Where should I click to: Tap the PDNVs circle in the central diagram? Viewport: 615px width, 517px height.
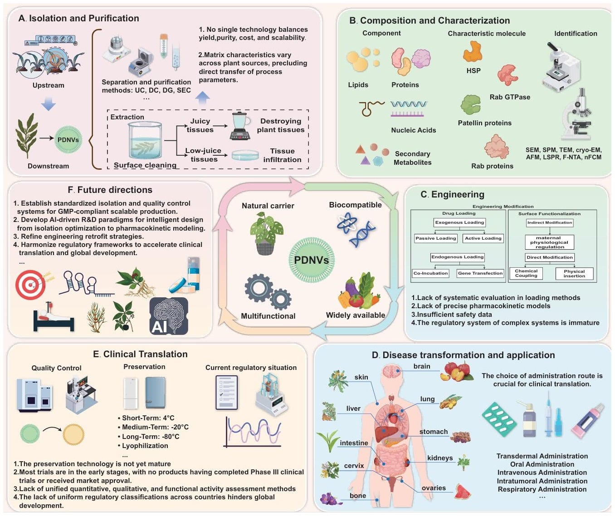tap(311, 260)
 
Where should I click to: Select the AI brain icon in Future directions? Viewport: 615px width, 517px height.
tap(169, 316)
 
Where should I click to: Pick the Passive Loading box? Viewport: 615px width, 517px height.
tap(435, 238)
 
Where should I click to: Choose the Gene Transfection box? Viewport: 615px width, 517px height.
tap(480, 273)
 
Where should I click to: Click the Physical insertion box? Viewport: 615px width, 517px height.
tap(574, 274)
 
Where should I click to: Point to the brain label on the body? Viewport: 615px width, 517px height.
tap(421, 366)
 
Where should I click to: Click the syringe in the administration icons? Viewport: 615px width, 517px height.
tap(548, 414)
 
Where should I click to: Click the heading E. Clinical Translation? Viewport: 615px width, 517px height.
tap(140, 354)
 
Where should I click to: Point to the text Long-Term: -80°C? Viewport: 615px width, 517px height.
tap(151, 437)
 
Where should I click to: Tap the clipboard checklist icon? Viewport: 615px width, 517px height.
tap(226, 392)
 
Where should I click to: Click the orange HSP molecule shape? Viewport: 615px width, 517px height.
tap(473, 51)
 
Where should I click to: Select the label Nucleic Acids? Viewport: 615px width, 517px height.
tap(413, 130)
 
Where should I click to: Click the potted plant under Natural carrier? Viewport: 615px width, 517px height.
tap(266, 233)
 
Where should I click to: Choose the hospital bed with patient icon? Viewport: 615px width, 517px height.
tap(54, 317)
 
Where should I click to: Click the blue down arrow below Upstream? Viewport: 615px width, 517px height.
tap(49, 103)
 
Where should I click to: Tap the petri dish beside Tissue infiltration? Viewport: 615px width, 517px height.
tap(245, 155)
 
